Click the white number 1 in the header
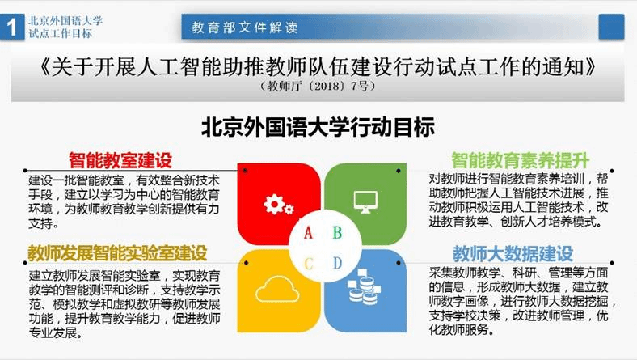click(x=12, y=28)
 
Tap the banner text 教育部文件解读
click(x=245, y=28)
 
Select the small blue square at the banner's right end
click(x=611, y=27)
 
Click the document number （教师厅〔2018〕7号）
click(x=318, y=87)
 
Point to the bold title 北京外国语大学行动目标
click(x=318, y=127)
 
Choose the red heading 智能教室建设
click(x=120, y=160)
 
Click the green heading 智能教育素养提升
click(x=521, y=160)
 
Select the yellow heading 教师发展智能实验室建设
click(x=117, y=253)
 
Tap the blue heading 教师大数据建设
click(x=513, y=254)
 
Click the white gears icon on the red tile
click(x=278, y=204)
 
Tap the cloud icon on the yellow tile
click(x=277, y=290)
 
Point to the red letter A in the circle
click(x=308, y=233)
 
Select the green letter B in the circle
click(x=337, y=233)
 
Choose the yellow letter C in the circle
click(x=309, y=264)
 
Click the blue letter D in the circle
click(x=337, y=264)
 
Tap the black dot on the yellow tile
click(x=247, y=263)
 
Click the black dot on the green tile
click(x=399, y=171)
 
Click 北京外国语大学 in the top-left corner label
click(x=65, y=21)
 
